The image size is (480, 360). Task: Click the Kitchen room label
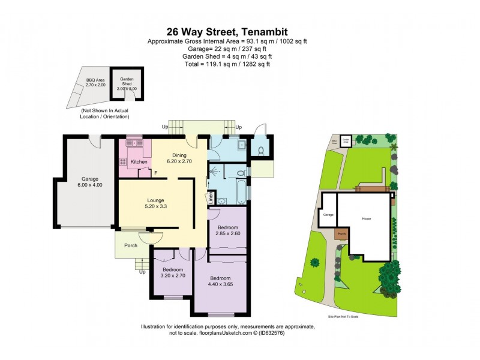pos(139,162)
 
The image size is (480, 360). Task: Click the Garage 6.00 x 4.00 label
pos(89,182)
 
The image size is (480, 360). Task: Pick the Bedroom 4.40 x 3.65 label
pos(221,281)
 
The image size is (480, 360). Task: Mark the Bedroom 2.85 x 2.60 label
pos(227,230)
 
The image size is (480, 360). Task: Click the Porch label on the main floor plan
pos(131,245)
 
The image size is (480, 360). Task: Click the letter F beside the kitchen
pos(155,173)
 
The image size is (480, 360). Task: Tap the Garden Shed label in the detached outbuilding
pos(127,84)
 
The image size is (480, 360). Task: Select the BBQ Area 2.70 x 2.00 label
pos(95,83)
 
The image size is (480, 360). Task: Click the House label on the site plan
pos(366,218)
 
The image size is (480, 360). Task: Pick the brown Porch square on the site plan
pos(341,234)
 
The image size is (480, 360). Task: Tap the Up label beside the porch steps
pos(142,272)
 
